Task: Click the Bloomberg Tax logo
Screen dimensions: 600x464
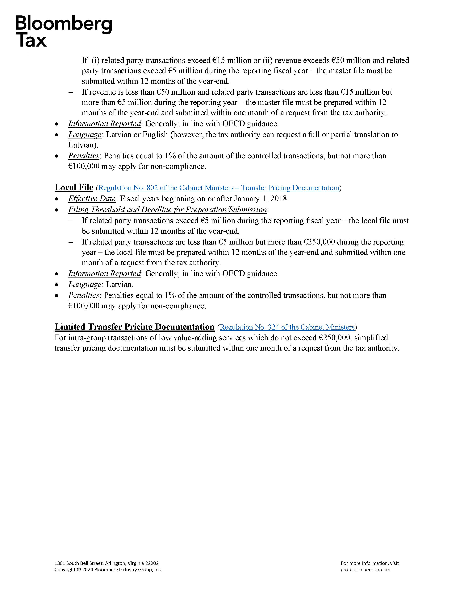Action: (x=64, y=31)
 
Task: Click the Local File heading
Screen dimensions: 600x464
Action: (x=74, y=187)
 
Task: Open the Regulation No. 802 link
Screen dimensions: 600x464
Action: (x=219, y=188)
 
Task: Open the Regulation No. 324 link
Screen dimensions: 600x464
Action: (x=287, y=327)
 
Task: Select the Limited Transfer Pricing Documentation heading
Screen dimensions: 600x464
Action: (x=134, y=327)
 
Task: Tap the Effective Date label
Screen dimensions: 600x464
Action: (x=92, y=199)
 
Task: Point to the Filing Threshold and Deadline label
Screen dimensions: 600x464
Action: (x=167, y=210)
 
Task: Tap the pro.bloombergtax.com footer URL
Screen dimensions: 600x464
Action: (x=365, y=569)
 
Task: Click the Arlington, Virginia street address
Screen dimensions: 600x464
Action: (x=106, y=563)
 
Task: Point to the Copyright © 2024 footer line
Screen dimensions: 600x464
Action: (x=108, y=569)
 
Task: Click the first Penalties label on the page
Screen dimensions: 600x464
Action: (x=84, y=156)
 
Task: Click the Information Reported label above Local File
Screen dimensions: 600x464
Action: (x=104, y=124)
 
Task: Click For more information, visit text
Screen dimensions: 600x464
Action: (x=370, y=563)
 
